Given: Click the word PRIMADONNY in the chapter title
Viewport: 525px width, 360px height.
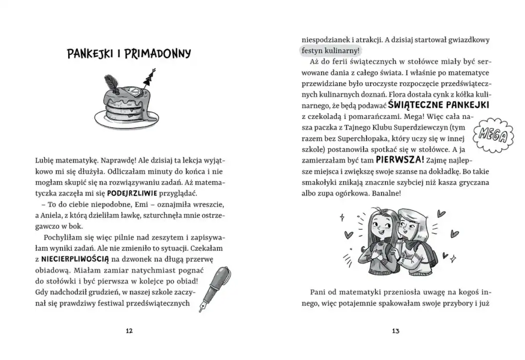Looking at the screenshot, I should (161, 54).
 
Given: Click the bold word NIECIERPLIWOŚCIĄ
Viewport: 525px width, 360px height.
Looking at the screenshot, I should (69, 259).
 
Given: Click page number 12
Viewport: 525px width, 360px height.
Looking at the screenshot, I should (129, 331).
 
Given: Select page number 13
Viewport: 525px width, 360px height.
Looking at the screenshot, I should (395, 331).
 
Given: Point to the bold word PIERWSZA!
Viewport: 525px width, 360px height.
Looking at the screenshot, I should (398, 159).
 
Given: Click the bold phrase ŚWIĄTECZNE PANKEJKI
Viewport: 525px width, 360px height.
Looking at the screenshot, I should (438, 105).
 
